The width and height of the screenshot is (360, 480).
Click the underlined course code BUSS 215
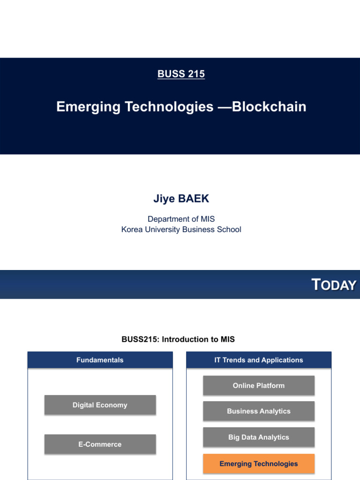tap(181, 74)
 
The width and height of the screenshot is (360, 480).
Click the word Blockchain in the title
tap(269, 107)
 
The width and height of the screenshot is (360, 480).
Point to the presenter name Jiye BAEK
tap(181, 199)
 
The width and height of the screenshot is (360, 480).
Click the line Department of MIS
tap(181, 219)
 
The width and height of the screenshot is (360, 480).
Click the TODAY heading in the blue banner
tap(334, 285)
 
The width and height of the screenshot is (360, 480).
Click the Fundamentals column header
tap(100, 360)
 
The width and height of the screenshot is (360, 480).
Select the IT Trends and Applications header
tap(259, 360)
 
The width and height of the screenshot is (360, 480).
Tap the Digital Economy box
tap(100, 405)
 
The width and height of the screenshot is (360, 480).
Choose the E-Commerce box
tap(100, 444)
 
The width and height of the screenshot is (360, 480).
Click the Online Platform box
tap(259, 386)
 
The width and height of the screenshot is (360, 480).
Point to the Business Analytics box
tap(259, 411)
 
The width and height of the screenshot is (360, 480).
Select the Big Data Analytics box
tap(259, 437)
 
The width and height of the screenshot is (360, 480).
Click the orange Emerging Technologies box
tap(259, 464)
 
